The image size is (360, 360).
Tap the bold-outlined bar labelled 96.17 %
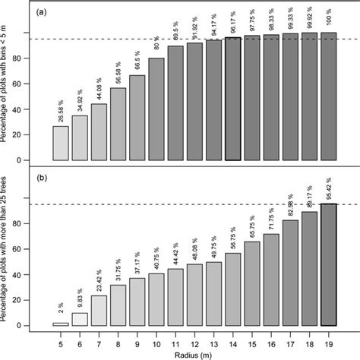(232, 99)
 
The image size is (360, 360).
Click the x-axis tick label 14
(232, 339)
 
